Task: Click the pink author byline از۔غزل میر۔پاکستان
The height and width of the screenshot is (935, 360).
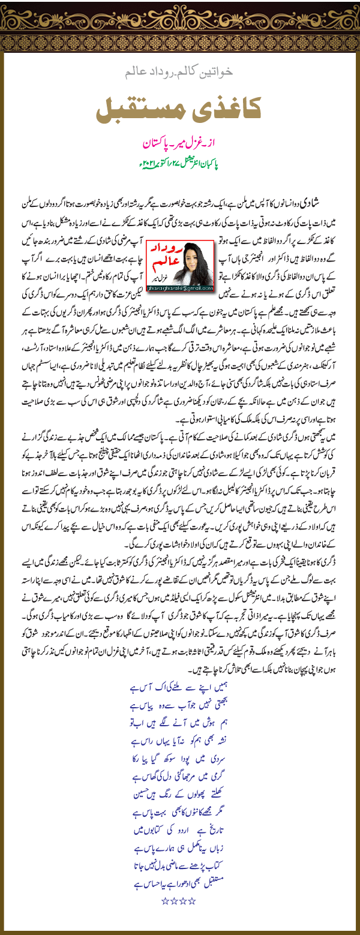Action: pyautogui.click(x=179, y=145)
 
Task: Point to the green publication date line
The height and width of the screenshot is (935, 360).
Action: pyautogui.click(x=179, y=163)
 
